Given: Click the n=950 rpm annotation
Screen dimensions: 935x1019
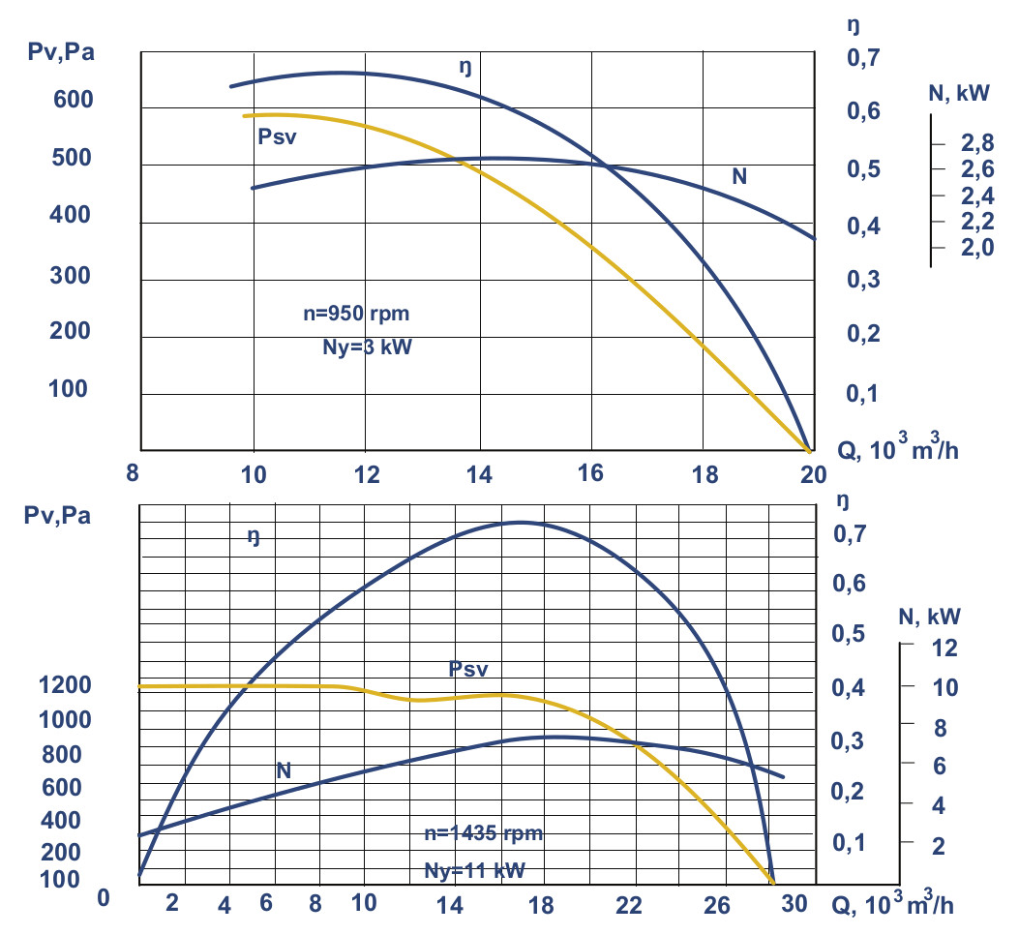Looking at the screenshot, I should click(x=363, y=315).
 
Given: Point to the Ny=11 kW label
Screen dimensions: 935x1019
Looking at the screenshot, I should click(x=474, y=870).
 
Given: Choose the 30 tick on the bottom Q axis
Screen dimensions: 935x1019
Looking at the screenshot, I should click(x=794, y=904).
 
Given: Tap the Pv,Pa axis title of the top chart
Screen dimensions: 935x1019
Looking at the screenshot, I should click(x=60, y=50).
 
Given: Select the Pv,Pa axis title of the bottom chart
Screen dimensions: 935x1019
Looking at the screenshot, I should click(x=58, y=515).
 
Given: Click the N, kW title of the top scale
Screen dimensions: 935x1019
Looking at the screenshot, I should click(x=958, y=93).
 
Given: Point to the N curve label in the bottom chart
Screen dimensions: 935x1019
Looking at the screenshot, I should click(x=284, y=770).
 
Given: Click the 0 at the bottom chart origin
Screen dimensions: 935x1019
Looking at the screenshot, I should click(x=105, y=899).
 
